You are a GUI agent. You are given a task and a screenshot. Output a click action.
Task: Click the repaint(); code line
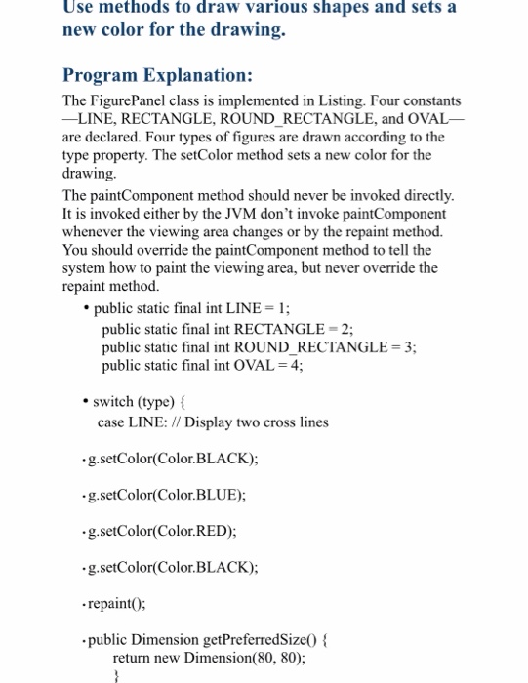[116, 603]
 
